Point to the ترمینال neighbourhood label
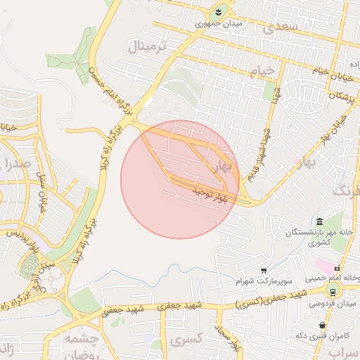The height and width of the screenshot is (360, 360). [148, 48]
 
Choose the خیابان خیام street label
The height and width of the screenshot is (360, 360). [315, 71]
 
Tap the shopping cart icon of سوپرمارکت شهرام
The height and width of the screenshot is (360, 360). [264, 270]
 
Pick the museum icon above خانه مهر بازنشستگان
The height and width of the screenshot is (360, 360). [319, 221]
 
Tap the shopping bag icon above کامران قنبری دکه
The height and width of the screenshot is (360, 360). [322, 326]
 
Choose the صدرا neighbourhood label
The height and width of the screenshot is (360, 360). [19, 166]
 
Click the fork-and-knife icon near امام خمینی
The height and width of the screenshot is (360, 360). [337, 268]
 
